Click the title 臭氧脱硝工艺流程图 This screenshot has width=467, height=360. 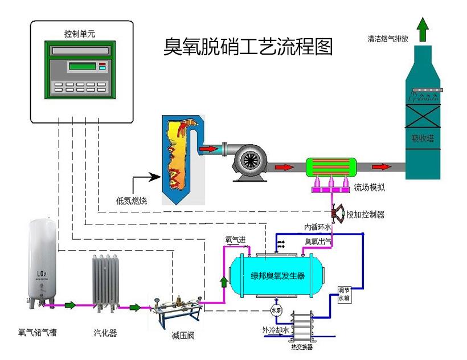[x=247, y=47]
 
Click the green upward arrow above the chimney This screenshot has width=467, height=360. [x=422, y=30]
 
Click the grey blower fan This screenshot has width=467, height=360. [x=249, y=161]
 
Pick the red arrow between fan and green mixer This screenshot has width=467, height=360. [x=282, y=167]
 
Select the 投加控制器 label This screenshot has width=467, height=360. [x=365, y=215]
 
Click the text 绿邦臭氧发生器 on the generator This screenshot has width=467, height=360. [x=278, y=276]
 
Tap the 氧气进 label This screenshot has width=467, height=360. [x=235, y=240]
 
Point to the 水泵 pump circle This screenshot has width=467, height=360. [x=276, y=310]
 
